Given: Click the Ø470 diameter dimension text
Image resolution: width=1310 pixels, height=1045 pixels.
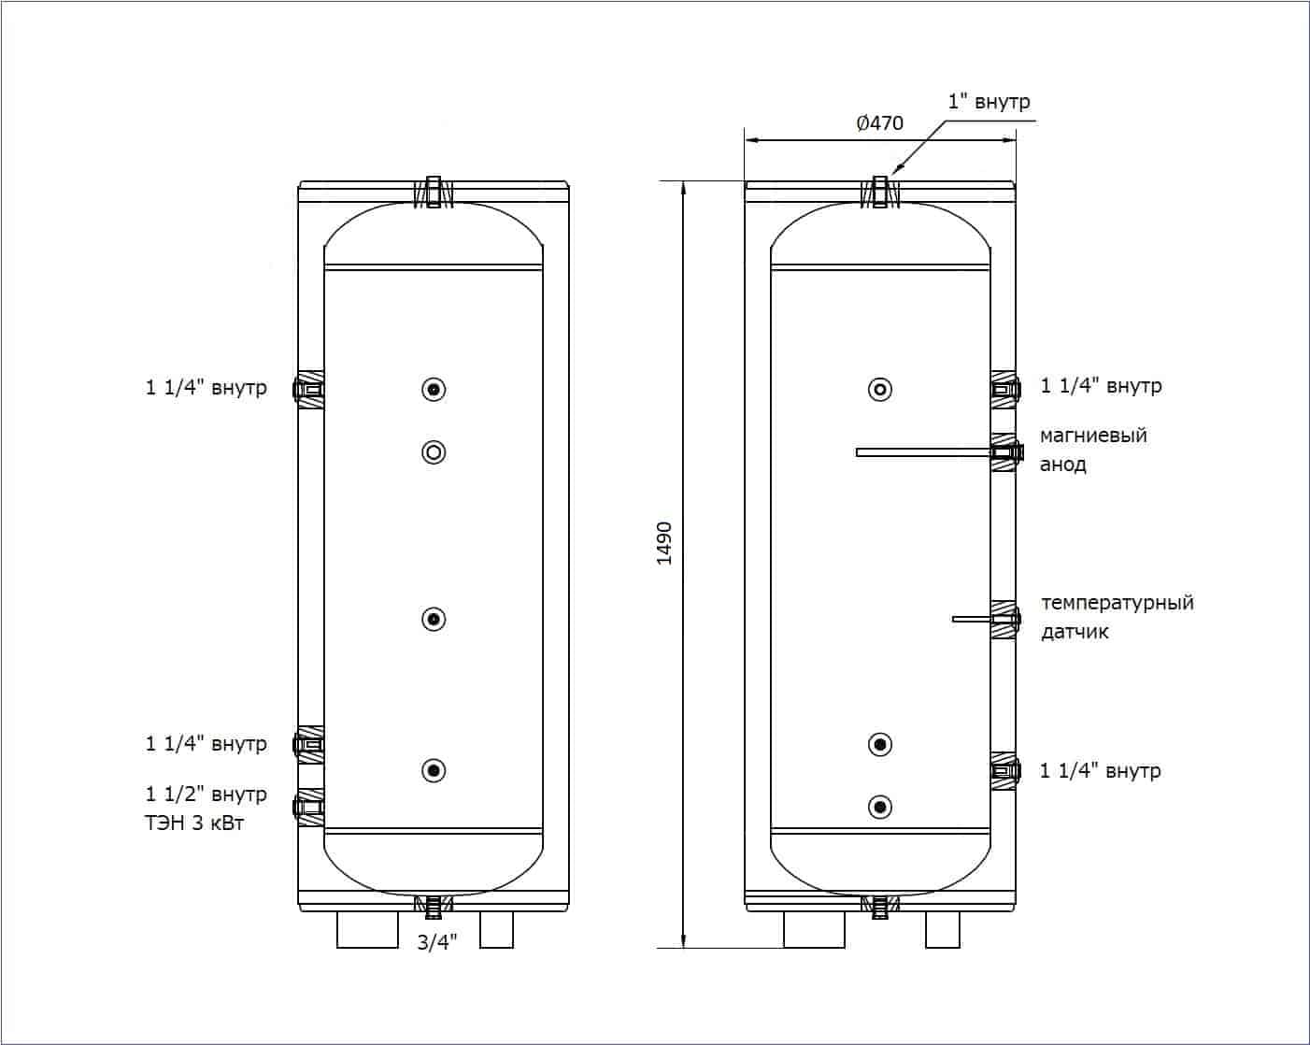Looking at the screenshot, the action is click(879, 123).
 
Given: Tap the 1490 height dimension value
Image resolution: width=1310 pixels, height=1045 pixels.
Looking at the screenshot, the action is click(664, 543).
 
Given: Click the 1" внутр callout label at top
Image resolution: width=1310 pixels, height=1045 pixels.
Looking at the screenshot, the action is click(990, 102).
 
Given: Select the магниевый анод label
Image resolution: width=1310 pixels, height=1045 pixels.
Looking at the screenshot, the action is click(1093, 450).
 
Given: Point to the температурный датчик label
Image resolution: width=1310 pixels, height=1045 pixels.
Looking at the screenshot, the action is click(1117, 617).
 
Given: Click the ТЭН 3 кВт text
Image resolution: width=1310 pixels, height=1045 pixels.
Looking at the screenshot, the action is click(194, 823).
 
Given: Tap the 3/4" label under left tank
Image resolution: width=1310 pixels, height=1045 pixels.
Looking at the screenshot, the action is click(436, 942).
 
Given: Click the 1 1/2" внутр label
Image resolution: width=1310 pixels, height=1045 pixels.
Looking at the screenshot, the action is click(206, 794).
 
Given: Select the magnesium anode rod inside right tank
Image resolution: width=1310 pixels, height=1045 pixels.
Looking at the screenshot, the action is click(925, 452).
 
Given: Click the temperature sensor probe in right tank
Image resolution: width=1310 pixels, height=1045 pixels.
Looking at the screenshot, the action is click(974, 620).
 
